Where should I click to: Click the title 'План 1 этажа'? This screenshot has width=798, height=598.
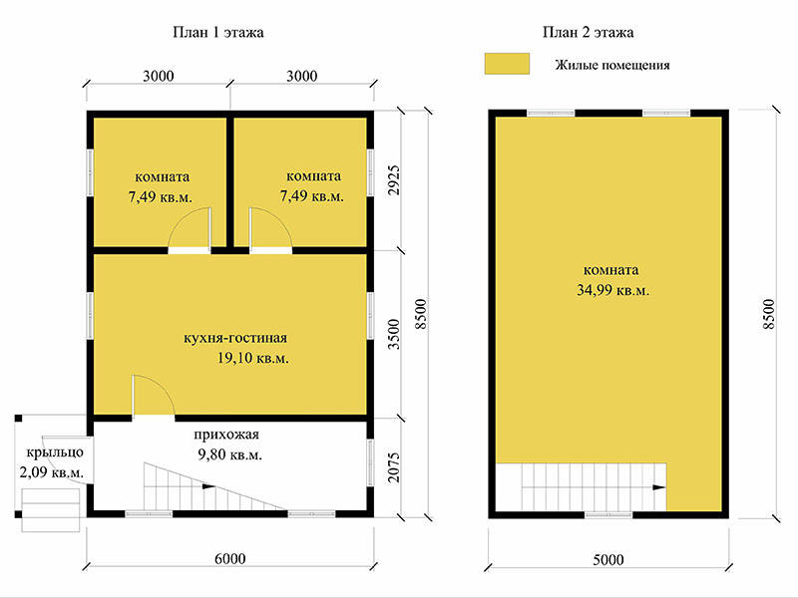[218, 33]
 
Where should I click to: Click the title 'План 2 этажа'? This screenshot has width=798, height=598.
[588, 33]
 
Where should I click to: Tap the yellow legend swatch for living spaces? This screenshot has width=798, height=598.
[507, 64]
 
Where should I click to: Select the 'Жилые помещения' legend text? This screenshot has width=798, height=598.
[612, 65]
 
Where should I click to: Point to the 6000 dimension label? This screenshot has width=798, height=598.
[230, 559]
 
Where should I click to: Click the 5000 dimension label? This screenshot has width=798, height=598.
[608, 560]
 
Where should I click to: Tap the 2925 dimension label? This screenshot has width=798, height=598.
[394, 180]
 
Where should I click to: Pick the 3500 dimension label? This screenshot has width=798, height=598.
[394, 334]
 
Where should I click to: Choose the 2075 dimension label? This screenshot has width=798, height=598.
[394, 467]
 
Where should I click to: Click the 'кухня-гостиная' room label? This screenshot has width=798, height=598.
[235, 338]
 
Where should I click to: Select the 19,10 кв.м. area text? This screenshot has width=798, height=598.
[253, 358]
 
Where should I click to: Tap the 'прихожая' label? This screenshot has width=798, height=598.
[226, 435]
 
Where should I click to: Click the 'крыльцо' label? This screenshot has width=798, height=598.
[55, 452]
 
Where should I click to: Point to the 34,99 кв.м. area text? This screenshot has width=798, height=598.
[612, 290]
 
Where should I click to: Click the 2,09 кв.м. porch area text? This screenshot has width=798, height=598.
[52, 472]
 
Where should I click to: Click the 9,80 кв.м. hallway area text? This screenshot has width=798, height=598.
[230, 454]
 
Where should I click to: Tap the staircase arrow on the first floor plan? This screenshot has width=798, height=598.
[208, 486]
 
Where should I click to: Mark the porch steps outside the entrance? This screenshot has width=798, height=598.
[51, 510]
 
